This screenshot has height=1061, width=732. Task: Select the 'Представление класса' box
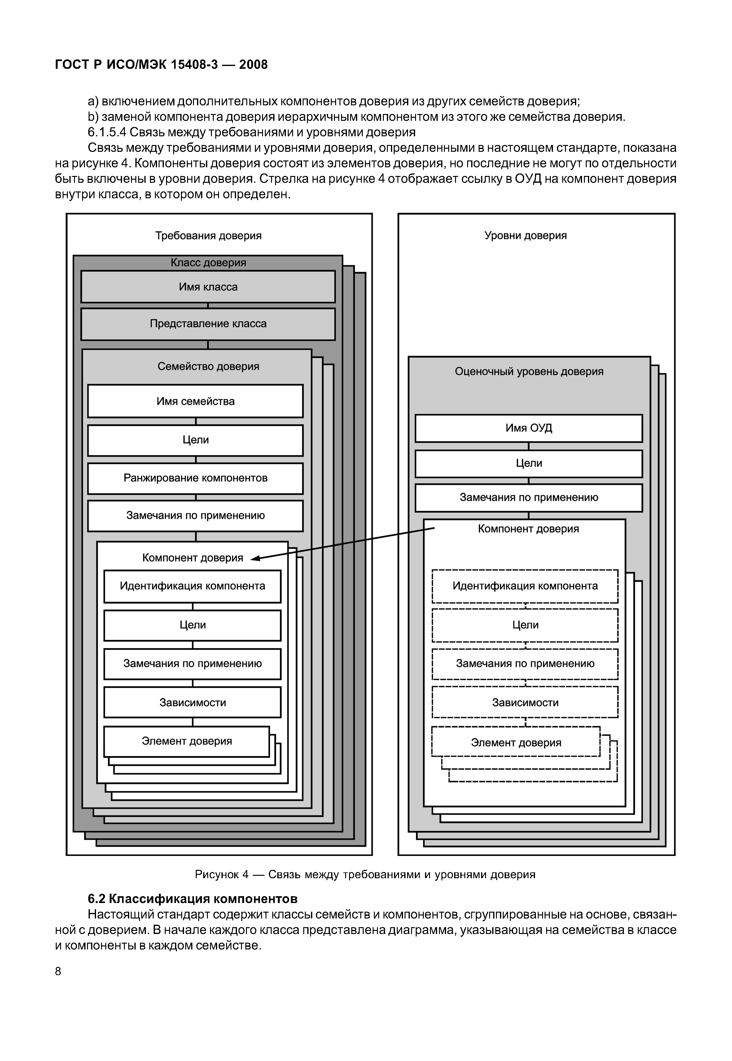208,324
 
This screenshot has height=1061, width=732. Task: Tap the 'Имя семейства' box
195,401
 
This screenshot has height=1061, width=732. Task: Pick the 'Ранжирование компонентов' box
195,478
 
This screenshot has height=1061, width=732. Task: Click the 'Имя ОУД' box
528,428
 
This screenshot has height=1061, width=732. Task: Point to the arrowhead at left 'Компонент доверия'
254,558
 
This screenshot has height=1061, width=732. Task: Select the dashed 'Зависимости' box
525,703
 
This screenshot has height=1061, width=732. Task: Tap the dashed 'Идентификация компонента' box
525,586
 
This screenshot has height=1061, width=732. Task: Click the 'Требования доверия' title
208,236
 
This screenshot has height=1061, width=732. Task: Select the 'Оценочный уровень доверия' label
529,371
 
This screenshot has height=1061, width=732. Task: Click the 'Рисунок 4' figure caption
365,875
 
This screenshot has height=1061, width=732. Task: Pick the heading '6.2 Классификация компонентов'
193,898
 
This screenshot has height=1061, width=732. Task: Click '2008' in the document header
253,65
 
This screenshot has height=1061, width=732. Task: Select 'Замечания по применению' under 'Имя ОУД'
528,498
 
